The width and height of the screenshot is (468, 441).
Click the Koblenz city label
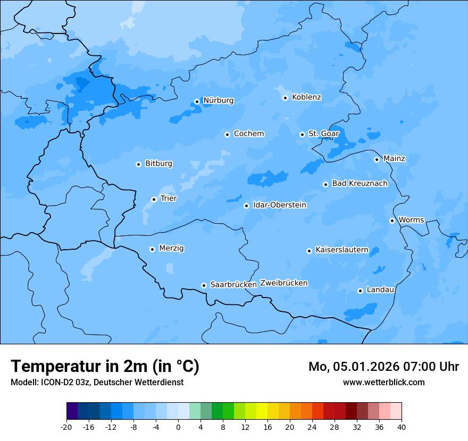[306, 97]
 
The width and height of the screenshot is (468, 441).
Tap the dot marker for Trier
[154, 199]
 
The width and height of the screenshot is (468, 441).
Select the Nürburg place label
[218, 100]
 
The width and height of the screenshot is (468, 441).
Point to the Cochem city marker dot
[227, 134]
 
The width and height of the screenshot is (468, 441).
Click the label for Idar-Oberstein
[279, 205]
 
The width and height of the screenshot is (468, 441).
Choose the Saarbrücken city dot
[204, 285]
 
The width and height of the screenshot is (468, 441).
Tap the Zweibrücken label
[283, 283]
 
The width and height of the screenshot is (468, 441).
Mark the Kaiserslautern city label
[341, 250]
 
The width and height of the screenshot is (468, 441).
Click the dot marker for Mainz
[377, 159]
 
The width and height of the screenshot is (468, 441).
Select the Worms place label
[411, 220]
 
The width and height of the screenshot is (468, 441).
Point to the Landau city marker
[360, 291]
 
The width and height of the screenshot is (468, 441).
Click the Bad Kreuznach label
[360, 183]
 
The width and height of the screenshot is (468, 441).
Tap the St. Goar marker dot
[302, 134]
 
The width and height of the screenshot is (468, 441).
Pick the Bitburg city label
[158, 164]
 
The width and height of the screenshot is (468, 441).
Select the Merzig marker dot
[152, 249]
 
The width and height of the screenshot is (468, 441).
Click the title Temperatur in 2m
[105, 367]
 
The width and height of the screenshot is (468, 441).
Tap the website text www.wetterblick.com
[383, 383]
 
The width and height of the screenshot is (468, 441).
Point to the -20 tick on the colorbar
[66, 427]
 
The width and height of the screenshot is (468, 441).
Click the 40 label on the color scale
[402, 427]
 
